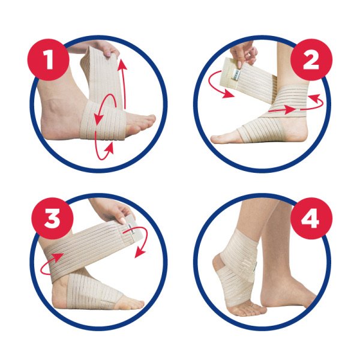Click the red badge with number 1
tap(48, 59)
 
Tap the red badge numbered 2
tap(311, 59)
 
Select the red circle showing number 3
tap(53, 218)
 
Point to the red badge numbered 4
tap(311, 218)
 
